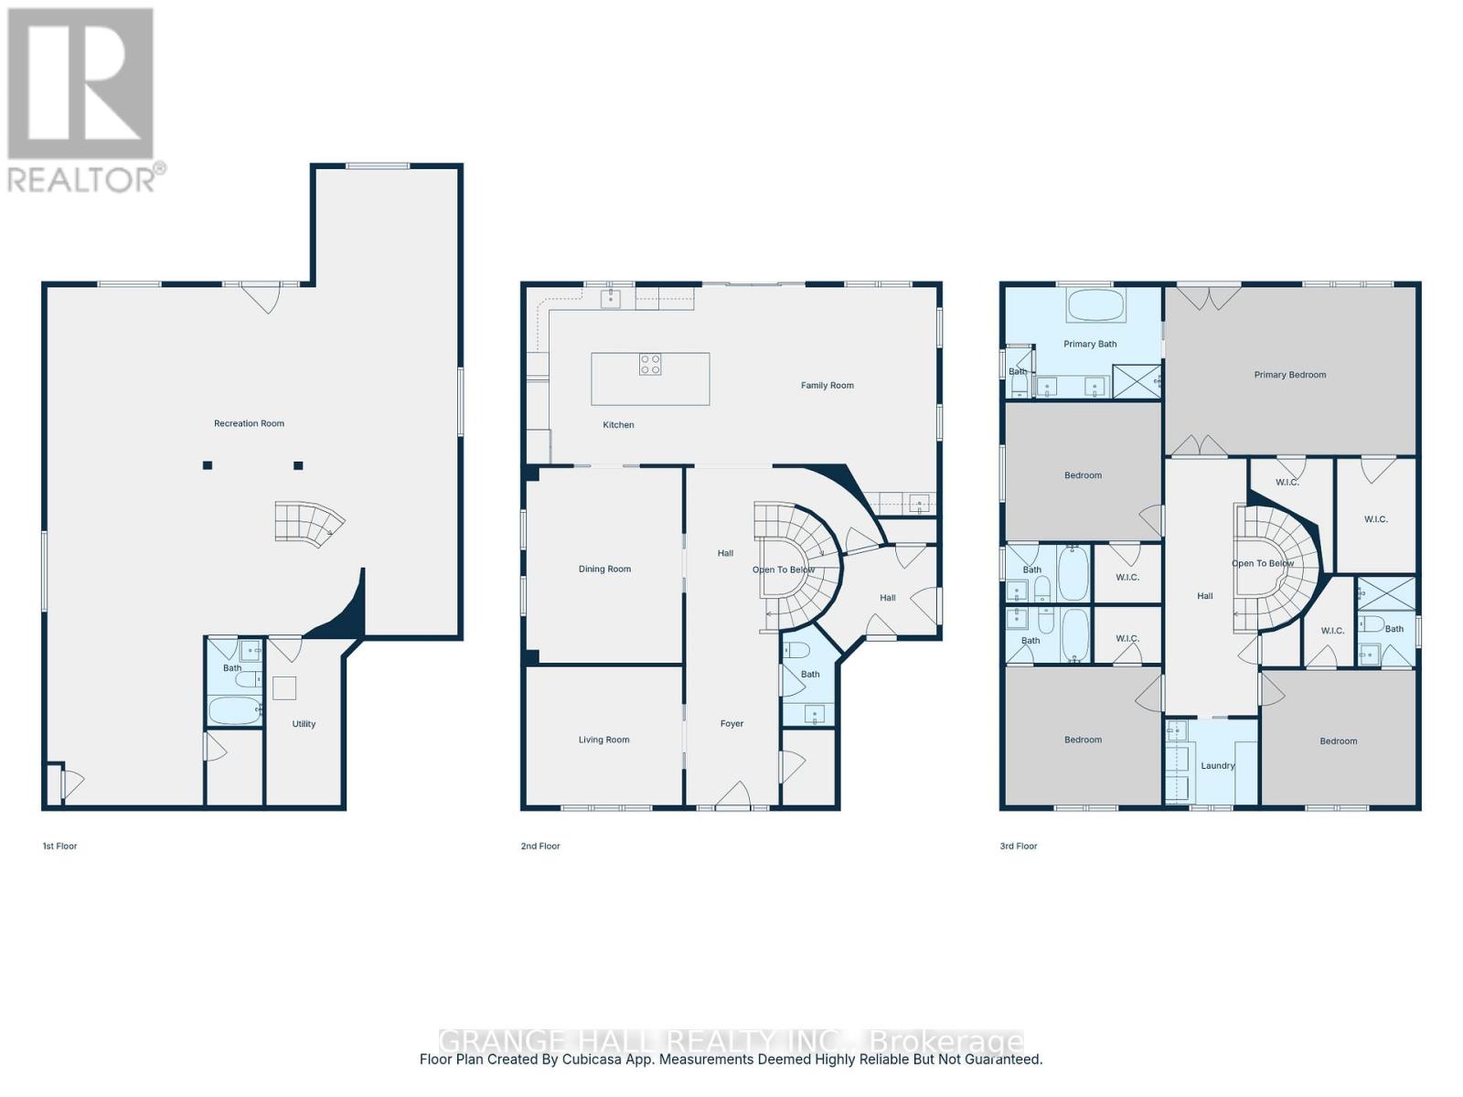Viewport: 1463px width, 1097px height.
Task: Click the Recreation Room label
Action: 249,423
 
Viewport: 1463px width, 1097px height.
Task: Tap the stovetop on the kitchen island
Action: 650,365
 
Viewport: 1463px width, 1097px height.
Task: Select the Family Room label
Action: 827,386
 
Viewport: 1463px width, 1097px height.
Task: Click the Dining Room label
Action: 604,570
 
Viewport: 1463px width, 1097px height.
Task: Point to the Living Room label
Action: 603,740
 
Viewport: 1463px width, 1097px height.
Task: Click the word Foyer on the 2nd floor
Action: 731,724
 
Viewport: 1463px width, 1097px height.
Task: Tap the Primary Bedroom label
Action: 1289,375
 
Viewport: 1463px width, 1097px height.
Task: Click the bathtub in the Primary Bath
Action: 1095,307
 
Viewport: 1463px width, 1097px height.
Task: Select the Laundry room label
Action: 1217,766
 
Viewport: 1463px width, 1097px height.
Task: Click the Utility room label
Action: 304,724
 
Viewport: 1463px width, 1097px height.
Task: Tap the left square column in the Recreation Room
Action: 208,465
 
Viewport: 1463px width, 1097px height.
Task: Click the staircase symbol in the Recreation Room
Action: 309,524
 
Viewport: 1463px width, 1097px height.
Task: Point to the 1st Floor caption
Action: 59,847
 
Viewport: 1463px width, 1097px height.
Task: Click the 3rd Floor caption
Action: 1018,847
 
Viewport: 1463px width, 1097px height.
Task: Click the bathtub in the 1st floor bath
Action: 234,710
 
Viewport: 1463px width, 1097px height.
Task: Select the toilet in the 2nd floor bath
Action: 797,651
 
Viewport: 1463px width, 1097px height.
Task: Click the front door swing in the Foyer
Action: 734,796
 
